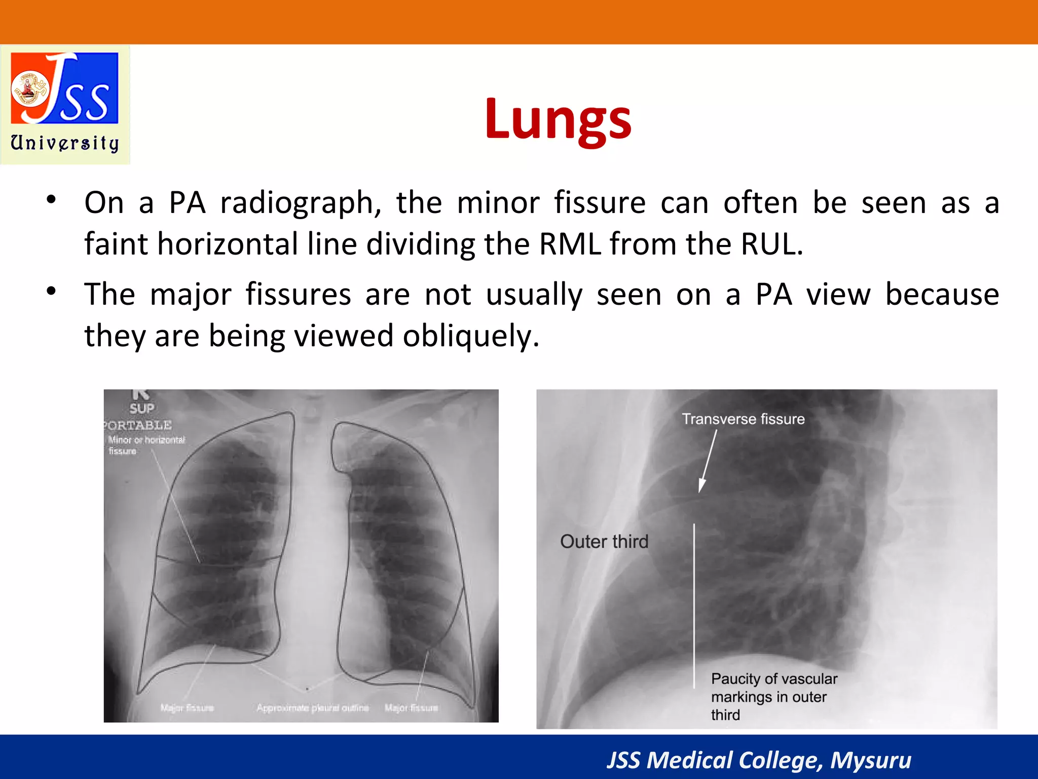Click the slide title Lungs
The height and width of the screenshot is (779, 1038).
(558, 120)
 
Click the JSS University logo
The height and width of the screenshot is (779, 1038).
(65, 104)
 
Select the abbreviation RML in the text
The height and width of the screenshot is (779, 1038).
(570, 244)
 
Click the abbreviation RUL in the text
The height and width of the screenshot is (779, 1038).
(771, 244)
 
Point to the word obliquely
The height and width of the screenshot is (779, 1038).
(471, 336)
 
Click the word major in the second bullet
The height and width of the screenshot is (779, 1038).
(191, 294)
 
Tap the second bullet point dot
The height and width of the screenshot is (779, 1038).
(51, 291)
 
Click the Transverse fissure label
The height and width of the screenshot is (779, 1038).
(743, 419)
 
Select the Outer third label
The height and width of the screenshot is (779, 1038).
(604, 542)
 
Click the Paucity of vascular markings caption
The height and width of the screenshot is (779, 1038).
(773, 696)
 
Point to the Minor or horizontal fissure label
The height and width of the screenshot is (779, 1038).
(146, 445)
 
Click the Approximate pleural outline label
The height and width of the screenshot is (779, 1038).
(312, 707)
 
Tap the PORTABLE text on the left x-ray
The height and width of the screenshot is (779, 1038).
(138, 425)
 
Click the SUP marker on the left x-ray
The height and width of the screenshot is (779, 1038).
(142, 408)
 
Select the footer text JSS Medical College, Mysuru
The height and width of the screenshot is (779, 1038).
(759, 760)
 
